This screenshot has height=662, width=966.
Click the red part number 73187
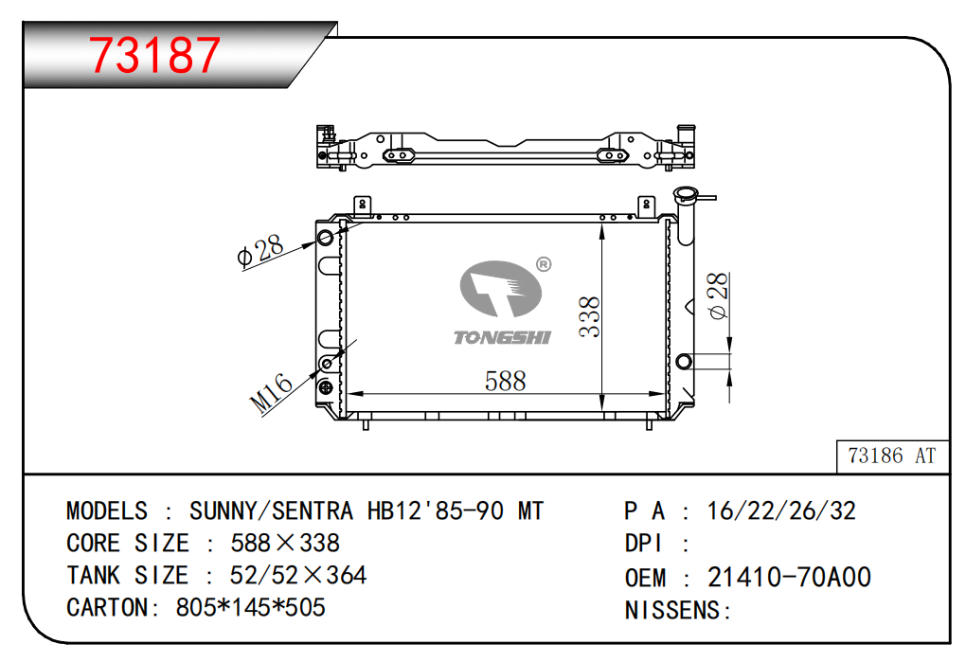[154, 54]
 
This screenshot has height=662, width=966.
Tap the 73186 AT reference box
[893, 456]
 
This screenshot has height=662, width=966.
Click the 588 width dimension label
[505, 381]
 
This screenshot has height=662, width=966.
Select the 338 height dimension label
[590, 316]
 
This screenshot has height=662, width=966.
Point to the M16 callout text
[271, 392]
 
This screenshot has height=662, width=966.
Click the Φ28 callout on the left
[260, 250]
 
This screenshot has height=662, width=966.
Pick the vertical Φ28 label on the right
[718, 295]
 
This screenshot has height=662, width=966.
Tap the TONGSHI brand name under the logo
[502, 337]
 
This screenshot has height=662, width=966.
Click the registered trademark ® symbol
[544, 264]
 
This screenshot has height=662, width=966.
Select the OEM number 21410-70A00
[789, 577]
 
